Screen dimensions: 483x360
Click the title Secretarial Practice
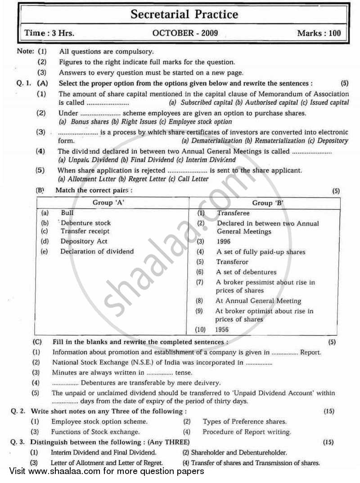coord(184,15)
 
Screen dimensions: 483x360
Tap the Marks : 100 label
coord(319,33)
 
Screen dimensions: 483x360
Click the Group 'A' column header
coord(108,203)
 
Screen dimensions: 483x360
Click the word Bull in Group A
coord(67,213)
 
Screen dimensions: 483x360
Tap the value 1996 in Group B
coord(224,242)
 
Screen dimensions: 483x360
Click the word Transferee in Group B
coord(233,213)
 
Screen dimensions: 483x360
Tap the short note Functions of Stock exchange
coord(88,432)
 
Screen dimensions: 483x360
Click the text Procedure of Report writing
coord(247,432)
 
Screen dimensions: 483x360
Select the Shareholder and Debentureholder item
coord(234,452)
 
